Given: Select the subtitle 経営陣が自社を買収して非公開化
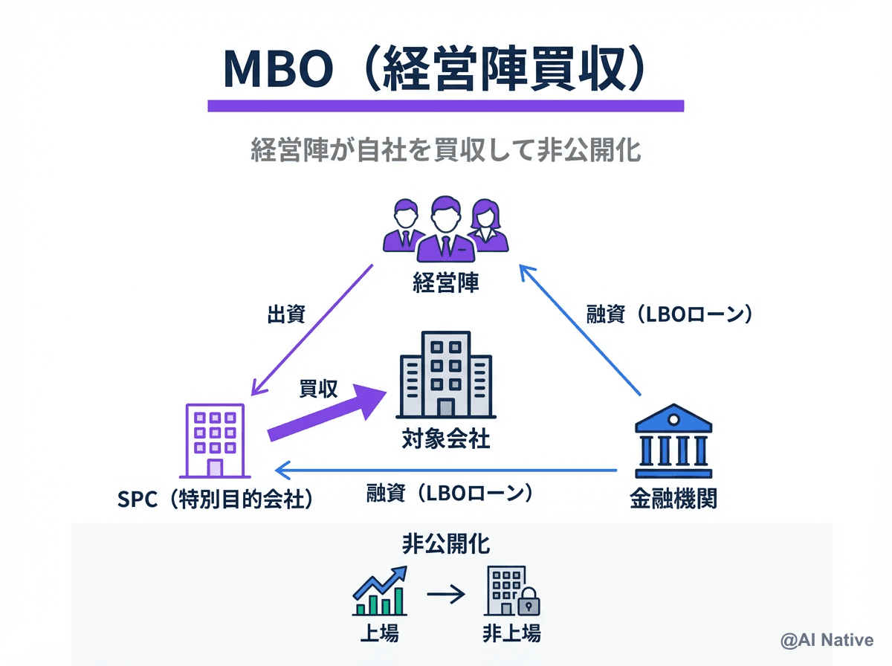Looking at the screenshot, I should click(x=445, y=151).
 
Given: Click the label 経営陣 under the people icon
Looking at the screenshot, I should click(x=445, y=282).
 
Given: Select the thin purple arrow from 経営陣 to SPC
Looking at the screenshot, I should click(x=312, y=329).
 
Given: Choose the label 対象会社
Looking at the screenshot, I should click(x=445, y=439).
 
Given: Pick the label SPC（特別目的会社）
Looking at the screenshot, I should click(x=215, y=499).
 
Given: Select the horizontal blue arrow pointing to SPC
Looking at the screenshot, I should click(x=446, y=470).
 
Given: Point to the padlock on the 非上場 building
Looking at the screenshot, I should click(x=529, y=604).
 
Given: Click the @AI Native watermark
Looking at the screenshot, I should click(x=827, y=639).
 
